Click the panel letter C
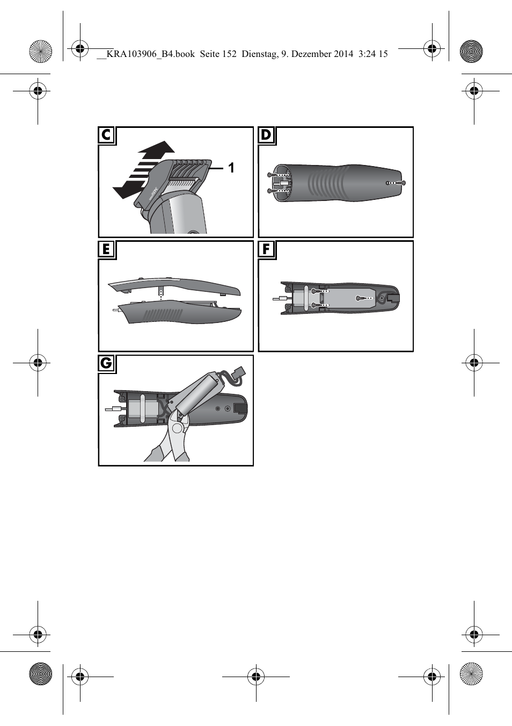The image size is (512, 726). [106, 135]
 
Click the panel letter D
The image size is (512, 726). [266, 135]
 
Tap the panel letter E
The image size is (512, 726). [106, 249]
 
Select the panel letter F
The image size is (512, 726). [266, 249]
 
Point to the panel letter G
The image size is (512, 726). [106, 363]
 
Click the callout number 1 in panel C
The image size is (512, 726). [231, 168]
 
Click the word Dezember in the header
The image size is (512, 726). [312, 54]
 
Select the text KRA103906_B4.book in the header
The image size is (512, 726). [150, 54]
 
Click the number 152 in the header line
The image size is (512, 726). [229, 54]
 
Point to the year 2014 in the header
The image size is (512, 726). [344, 54]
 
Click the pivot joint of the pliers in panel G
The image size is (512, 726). [177, 428]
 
